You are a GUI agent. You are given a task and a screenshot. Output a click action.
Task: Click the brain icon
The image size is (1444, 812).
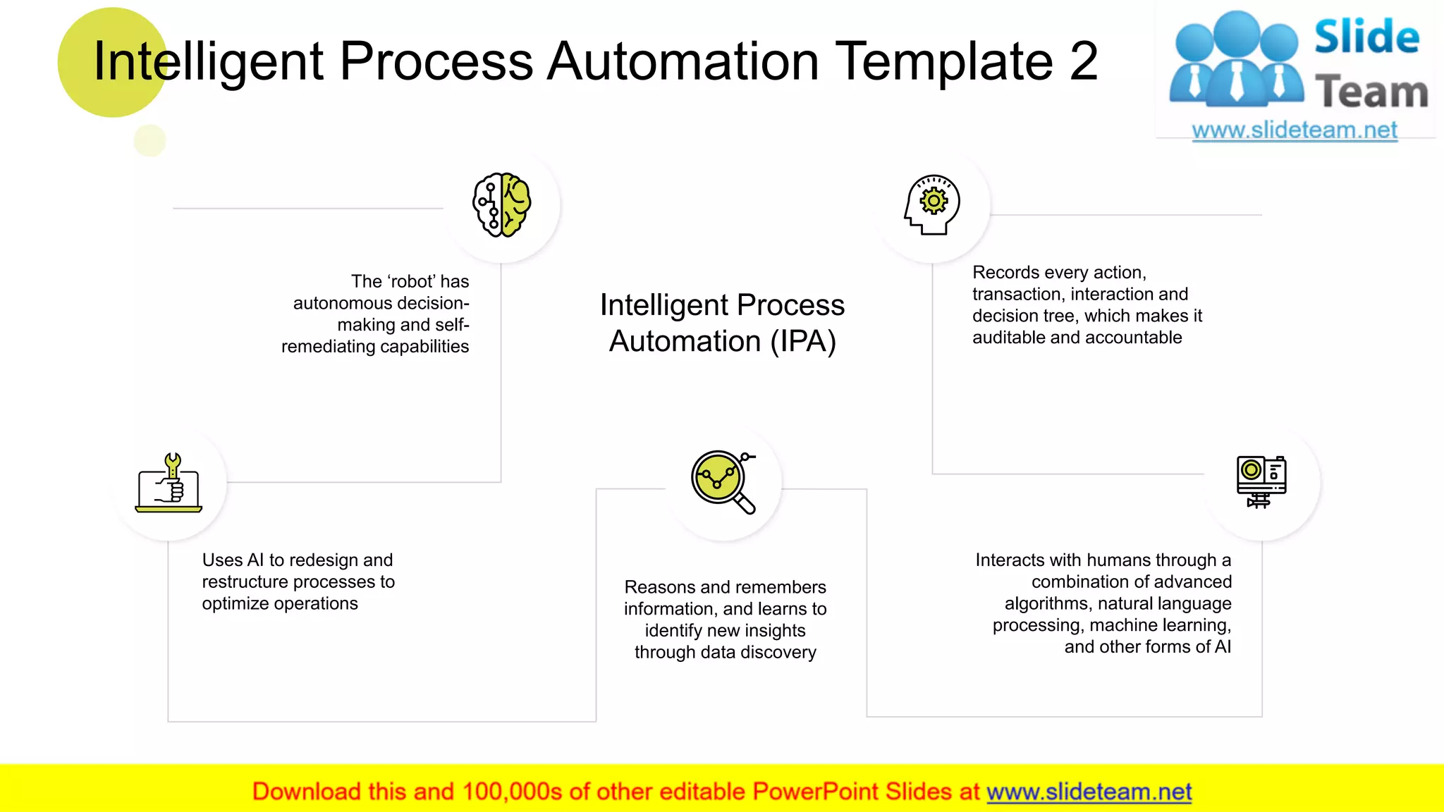501,204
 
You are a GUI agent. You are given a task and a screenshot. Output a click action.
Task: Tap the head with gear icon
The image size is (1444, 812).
932,204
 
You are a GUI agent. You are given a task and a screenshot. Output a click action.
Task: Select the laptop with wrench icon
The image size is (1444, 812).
169,483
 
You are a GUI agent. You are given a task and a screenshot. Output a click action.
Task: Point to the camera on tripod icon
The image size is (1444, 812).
1261,481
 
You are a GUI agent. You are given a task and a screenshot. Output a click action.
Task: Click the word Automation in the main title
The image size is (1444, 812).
683,61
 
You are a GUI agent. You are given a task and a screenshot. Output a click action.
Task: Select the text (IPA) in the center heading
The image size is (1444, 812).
803,342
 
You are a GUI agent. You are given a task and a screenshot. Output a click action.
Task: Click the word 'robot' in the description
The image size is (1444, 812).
410,281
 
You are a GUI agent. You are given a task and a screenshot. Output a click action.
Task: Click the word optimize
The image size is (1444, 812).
235,604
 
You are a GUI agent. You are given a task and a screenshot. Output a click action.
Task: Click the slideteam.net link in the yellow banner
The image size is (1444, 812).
1089,792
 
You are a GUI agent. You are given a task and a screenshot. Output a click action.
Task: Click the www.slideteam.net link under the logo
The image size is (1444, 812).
1294,130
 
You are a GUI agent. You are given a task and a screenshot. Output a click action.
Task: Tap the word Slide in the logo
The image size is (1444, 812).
1366,37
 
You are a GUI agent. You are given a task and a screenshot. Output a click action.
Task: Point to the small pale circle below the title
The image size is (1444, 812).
149,140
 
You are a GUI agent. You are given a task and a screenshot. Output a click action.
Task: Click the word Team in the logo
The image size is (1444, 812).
1371,92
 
